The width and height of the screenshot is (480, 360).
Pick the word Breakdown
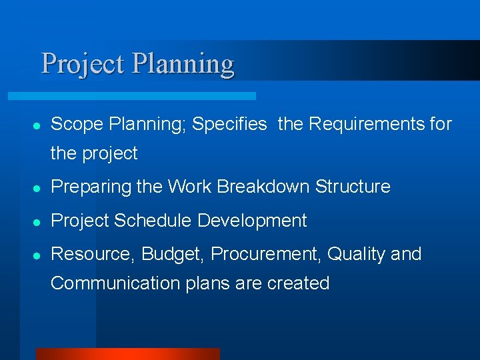[263, 187]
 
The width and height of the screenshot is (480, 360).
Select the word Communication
[107, 283]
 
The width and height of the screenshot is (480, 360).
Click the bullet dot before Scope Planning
[37, 125]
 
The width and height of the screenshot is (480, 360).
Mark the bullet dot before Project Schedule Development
[37, 221]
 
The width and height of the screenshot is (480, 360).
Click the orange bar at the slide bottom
[127, 354]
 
